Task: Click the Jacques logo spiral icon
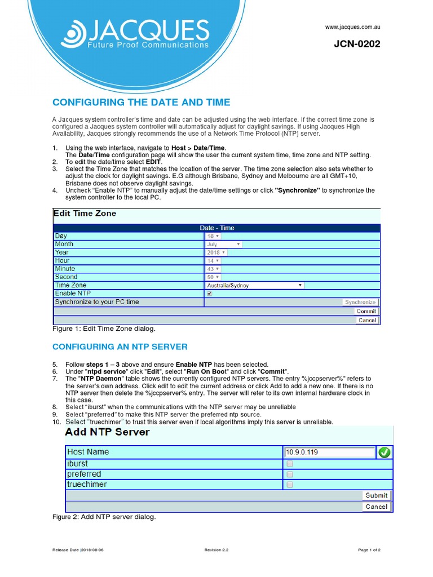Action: point(73,34)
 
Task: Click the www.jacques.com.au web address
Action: point(352,27)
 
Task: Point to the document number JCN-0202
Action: point(357,45)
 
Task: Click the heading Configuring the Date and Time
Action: point(141,102)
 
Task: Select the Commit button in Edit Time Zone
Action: point(366,311)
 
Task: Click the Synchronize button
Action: point(360,302)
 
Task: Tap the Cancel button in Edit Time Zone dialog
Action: point(366,320)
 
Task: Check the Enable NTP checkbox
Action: point(210,294)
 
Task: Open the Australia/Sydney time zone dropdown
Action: point(254,286)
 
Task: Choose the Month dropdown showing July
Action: point(223,245)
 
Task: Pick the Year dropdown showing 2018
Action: point(216,253)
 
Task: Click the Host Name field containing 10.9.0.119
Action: point(329,452)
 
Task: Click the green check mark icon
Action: point(385,452)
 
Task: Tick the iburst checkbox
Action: point(290,464)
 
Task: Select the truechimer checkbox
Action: point(290,485)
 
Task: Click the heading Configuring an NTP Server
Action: point(120,347)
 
